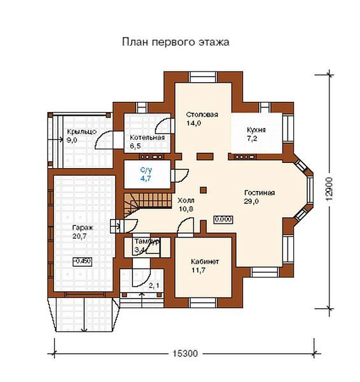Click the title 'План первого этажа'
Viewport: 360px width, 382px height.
pyautogui.click(x=175, y=42)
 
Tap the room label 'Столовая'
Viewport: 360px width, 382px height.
pyautogui.click(x=202, y=115)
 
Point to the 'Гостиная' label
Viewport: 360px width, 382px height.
pyautogui.click(x=259, y=192)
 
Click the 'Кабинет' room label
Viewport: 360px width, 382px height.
pyautogui.click(x=205, y=261)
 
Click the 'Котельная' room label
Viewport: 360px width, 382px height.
pyautogui.click(x=147, y=138)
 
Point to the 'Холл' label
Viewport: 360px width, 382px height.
pyautogui.click(x=186, y=199)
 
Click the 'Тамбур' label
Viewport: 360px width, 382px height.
pyautogui.click(x=146, y=243)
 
